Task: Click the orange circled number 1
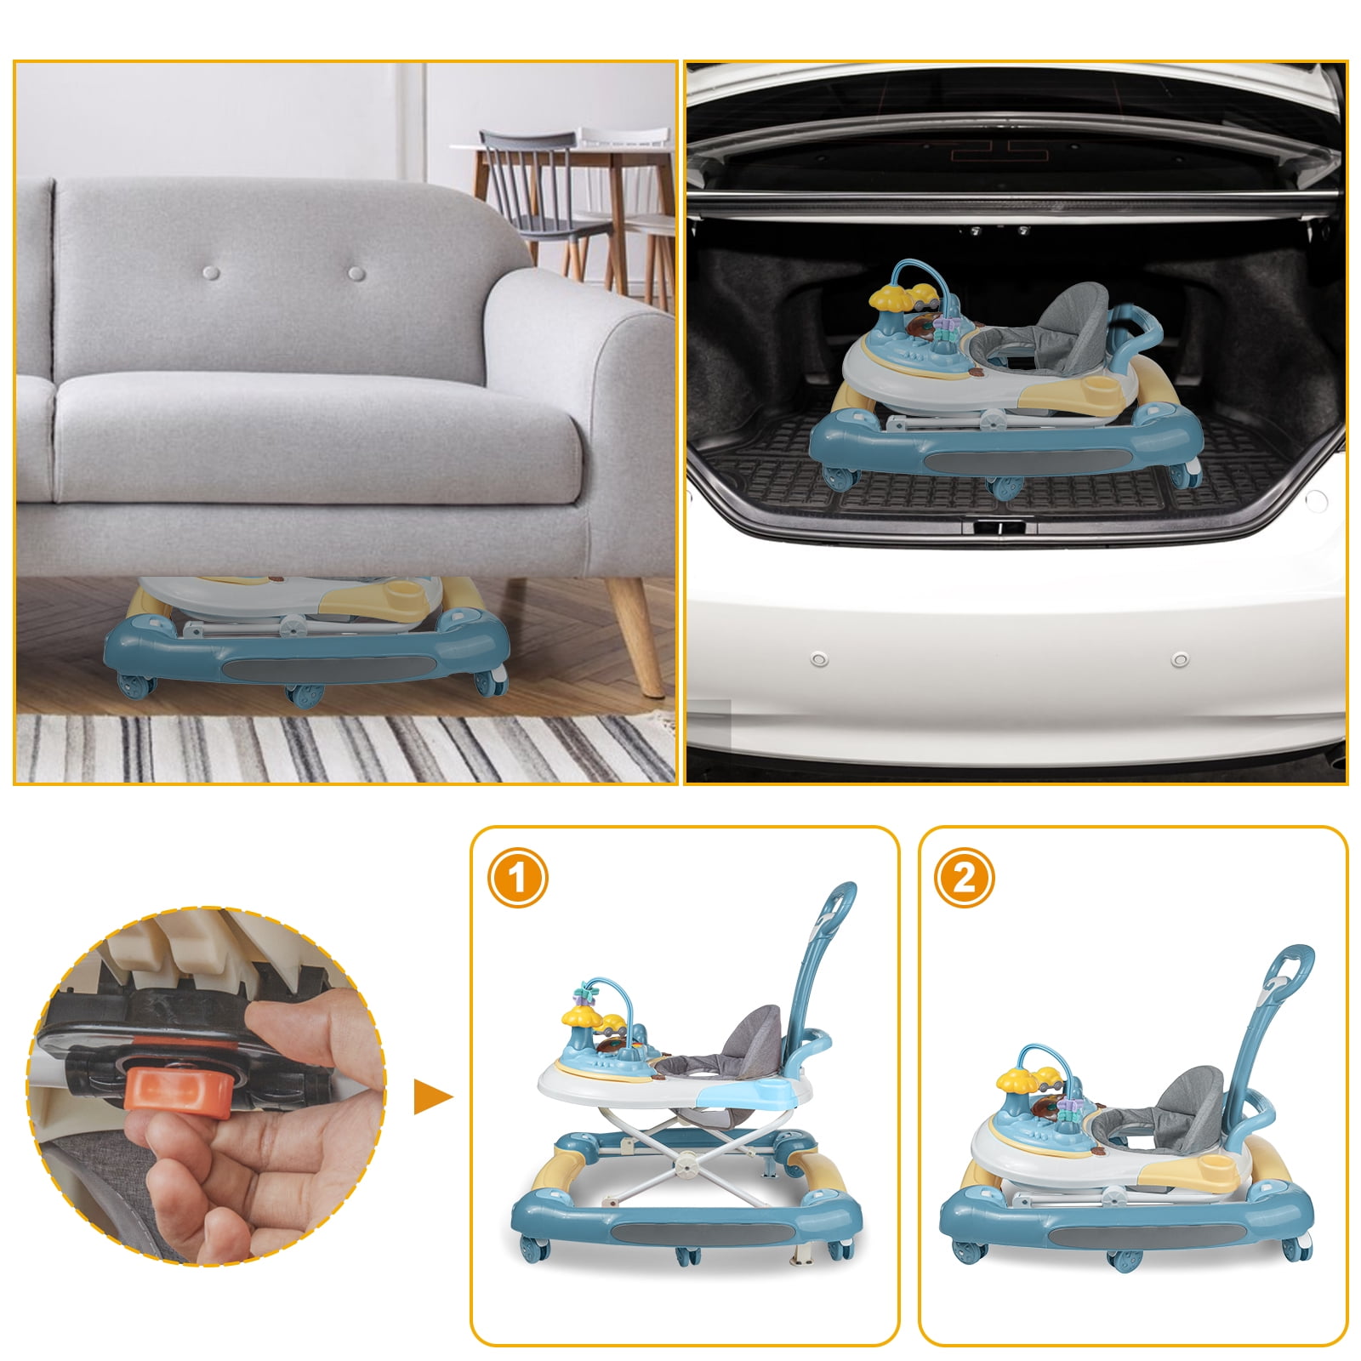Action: pos(517,877)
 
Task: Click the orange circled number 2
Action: pos(964,877)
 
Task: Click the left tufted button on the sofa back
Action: pos(212,273)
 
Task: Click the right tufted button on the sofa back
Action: pos(356,273)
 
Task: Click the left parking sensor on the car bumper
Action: pos(819,660)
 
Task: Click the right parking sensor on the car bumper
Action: pos(1179,660)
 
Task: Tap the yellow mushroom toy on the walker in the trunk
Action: pos(889,297)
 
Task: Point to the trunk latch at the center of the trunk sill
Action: pos(999,527)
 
